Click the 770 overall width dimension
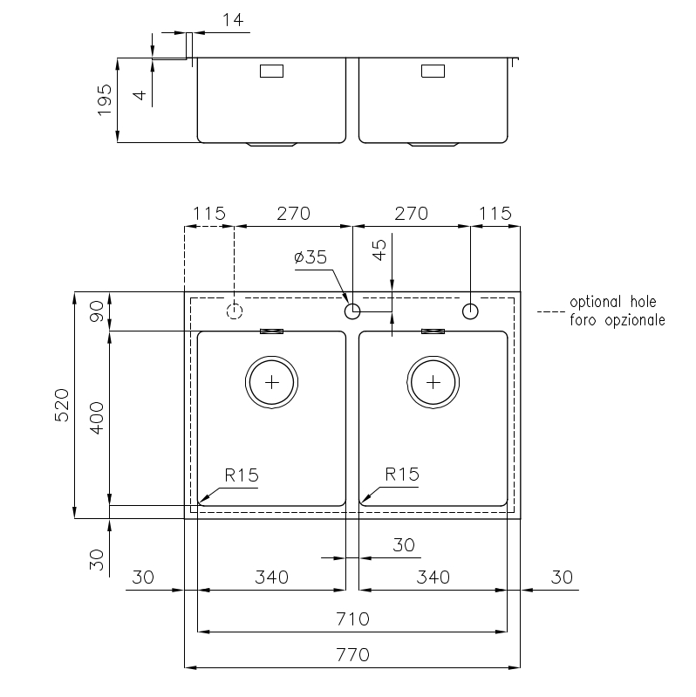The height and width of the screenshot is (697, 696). click(x=352, y=655)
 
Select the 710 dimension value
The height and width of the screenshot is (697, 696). click(x=352, y=619)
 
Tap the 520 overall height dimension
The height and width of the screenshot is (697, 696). click(x=62, y=405)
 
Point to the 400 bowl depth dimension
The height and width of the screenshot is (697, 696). click(x=97, y=418)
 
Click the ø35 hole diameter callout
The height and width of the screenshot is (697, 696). click(x=310, y=257)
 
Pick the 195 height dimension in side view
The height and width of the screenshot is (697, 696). click(x=105, y=100)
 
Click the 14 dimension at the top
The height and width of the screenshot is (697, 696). click(x=233, y=20)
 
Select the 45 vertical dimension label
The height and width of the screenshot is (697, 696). click(x=379, y=249)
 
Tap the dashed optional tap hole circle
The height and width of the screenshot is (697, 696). click(x=235, y=311)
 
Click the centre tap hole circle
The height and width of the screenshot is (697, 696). click(x=352, y=311)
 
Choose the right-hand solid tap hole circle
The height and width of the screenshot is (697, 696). click(x=470, y=311)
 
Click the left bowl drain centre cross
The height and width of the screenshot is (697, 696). click(x=271, y=382)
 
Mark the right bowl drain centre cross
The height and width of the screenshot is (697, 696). click(x=433, y=382)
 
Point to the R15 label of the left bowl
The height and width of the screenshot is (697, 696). click(x=242, y=475)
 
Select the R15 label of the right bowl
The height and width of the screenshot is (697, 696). click(x=402, y=475)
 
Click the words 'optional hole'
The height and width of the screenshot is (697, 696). click(x=613, y=303)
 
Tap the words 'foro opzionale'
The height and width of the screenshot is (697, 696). click(x=618, y=320)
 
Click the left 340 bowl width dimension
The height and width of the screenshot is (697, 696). click(x=271, y=577)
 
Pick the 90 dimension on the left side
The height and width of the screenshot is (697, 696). click(x=97, y=311)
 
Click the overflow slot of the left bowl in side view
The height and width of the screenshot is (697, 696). click(x=271, y=72)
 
